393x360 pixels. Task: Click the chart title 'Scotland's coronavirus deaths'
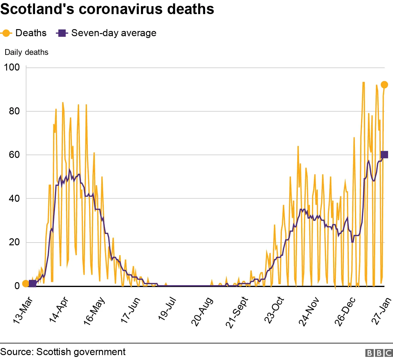click(x=107, y=9)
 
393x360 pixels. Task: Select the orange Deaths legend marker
click(x=6, y=33)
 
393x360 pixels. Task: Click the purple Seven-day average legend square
click(x=62, y=33)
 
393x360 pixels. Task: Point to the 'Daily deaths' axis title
click(x=26, y=52)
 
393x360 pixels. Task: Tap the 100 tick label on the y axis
click(x=12, y=67)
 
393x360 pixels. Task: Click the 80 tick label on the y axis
click(x=14, y=111)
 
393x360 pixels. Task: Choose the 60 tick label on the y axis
click(x=14, y=155)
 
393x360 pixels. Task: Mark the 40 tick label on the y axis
click(x=14, y=198)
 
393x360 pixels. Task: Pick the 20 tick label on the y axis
click(x=14, y=242)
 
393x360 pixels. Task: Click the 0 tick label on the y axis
click(x=17, y=286)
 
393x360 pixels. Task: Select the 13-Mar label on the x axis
click(x=23, y=310)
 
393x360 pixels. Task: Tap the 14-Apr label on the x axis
click(x=59, y=310)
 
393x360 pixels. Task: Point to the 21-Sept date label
click(x=237, y=312)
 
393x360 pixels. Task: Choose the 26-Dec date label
click(x=345, y=311)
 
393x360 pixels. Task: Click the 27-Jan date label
click(x=382, y=311)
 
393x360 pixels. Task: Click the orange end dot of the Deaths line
click(x=384, y=85)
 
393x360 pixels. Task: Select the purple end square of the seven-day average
click(x=384, y=155)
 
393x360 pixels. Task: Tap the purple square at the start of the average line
click(x=32, y=284)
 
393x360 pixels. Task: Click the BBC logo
click(x=379, y=353)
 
